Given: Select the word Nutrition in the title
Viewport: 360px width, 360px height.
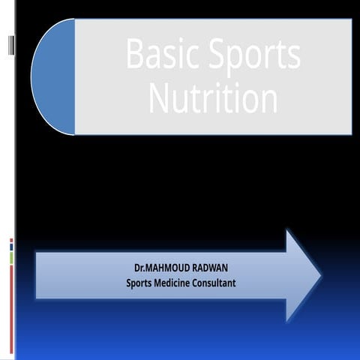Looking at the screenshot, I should tap(214, 97).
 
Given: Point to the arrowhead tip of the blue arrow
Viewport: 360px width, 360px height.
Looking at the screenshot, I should tap(319, 276).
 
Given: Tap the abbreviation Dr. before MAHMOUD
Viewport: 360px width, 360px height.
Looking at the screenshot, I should tap(139, 268).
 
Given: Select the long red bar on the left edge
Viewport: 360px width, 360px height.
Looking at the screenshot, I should tap(11, 307).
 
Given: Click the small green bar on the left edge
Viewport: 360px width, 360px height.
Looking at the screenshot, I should tap(11, 257).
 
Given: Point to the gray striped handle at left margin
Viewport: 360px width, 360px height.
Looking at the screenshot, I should tap(11, 46).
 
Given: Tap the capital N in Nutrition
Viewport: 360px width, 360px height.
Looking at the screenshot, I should tap(159, 97).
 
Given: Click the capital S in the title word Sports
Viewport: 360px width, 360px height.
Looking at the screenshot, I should tap(212, 55).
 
